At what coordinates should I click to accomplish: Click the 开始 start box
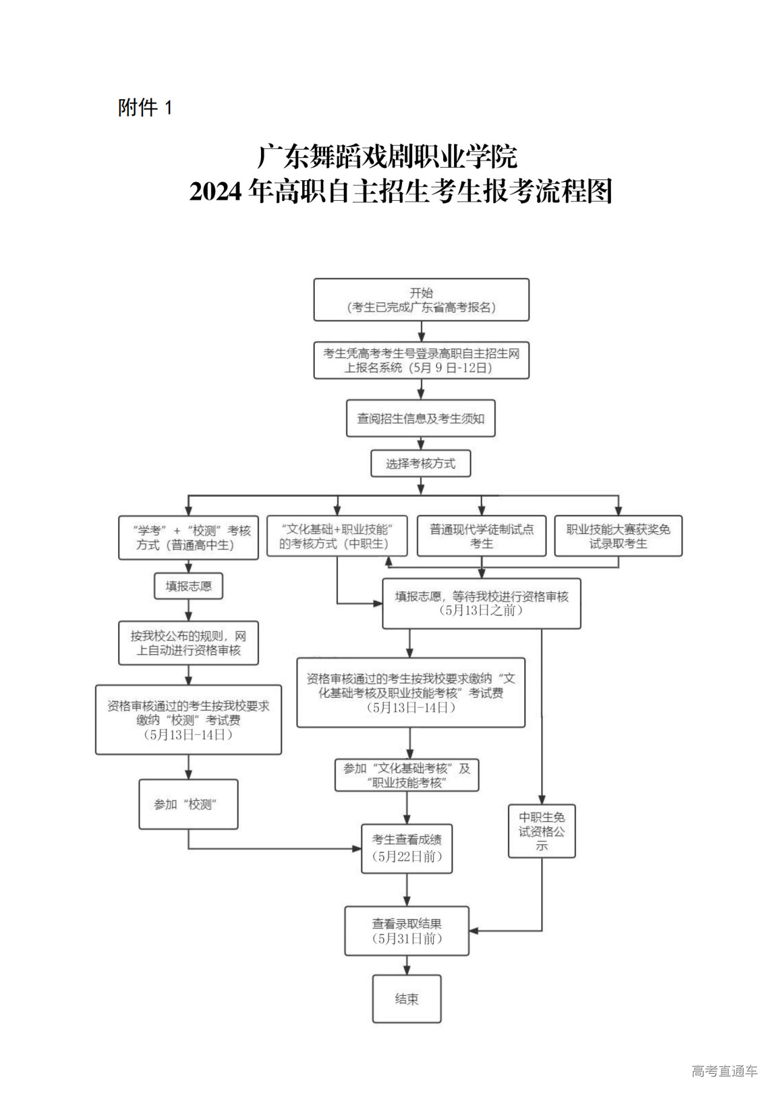tap(421, 299)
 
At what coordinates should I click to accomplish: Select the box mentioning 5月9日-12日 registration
tap(421, 361)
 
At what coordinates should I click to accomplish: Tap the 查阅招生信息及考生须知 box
tap(420, 418)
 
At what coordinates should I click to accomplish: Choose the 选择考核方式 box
tap(420, 464)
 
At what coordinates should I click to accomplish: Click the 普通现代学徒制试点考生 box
tap(481, 536)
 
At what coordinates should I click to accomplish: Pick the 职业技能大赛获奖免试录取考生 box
tap(618, 536)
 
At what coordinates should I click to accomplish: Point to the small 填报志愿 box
tap(188, 586)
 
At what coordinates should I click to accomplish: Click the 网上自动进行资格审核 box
tap(188, 643)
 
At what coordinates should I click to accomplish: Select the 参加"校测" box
tap(188, 804)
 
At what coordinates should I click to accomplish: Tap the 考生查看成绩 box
tap(406, 848)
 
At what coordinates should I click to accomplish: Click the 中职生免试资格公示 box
tap(541, 831)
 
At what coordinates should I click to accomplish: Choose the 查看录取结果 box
tap(406, 931)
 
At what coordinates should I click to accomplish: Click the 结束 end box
tap(406, 999)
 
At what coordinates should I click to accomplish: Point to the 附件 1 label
tap(145, 108)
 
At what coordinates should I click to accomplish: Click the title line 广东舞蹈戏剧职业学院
tap(387, 157)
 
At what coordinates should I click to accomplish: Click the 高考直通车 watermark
tap(724, 1071)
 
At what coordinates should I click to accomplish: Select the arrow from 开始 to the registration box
tap(421, 332)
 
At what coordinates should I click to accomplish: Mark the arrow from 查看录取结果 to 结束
tap(406, 965)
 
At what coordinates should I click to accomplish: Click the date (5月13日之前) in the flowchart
tap(481, 610)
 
